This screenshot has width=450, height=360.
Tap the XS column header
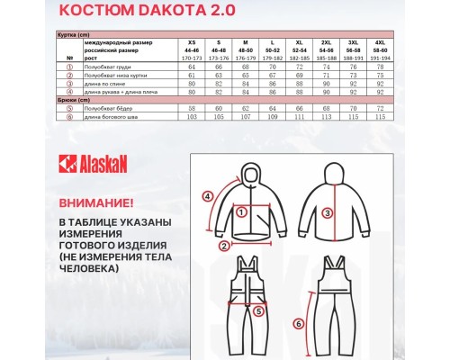tap(191, 41)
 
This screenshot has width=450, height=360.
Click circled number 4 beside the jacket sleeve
tap(207, 194)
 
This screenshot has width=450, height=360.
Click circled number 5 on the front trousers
tap(256, 311)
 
